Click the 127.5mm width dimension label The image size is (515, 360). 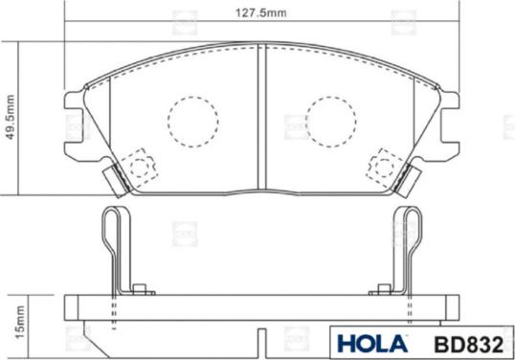click(261, 13)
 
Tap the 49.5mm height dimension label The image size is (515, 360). click(11, 117)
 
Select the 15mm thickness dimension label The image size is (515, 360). click(20, 322)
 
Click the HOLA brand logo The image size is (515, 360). click(372, 344)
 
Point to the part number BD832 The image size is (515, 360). click(469, 345)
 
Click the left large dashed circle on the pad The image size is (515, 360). click(192, 122)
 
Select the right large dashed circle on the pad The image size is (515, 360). click(331, 122)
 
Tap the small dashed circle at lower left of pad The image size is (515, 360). click(140, 167)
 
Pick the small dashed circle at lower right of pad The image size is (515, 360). click(384, 167)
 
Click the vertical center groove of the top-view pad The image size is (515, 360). click(261, 117)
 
